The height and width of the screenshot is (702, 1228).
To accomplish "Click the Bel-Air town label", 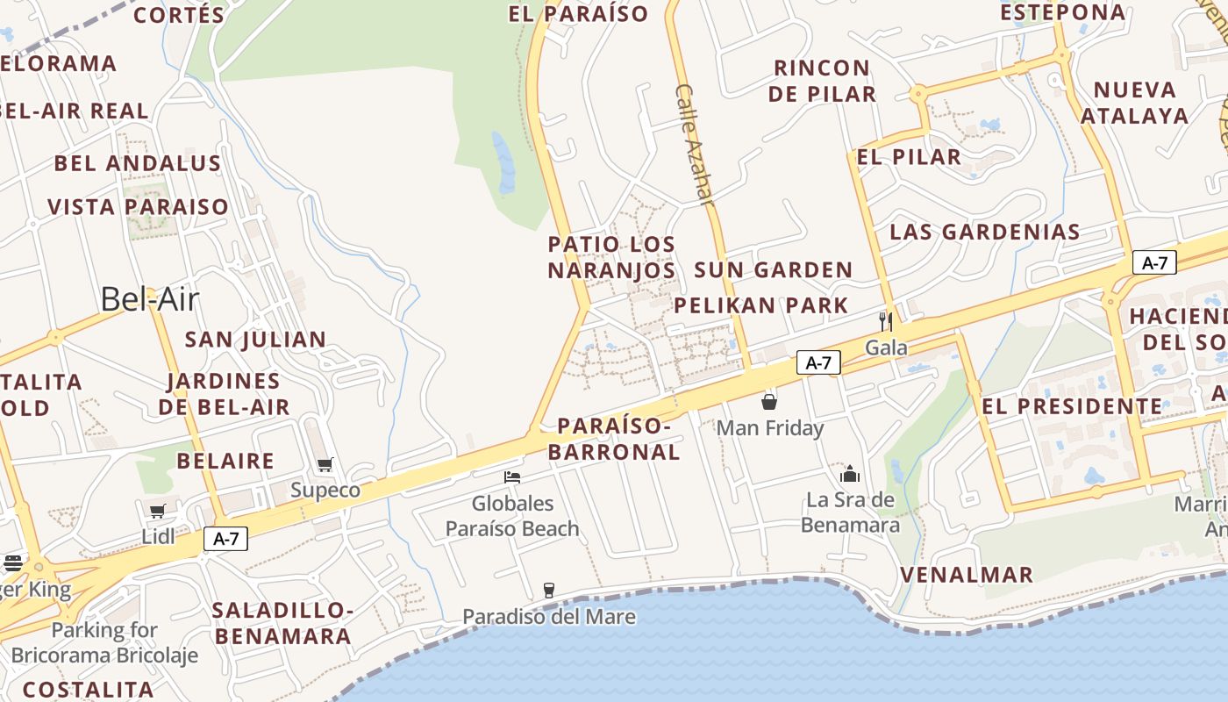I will coord(149,299).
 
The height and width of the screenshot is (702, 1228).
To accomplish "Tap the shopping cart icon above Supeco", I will coord(325,464).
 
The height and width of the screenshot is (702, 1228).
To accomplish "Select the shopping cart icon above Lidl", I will coord(158,512).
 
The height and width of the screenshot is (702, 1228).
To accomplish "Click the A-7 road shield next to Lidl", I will coord(226,539).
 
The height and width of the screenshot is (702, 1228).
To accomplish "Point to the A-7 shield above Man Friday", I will coord(818,362).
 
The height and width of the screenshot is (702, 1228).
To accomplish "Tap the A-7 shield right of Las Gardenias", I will coord(1154,262).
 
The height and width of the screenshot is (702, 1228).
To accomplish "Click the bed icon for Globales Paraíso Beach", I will coord(512,477).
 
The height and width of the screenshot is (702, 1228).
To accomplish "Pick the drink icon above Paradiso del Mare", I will coord(549,590).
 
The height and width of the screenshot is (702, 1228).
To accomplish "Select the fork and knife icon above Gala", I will coord(886,321).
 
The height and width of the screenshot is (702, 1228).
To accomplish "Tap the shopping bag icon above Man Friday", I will coord(769,402).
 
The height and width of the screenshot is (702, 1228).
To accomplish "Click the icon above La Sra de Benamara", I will coord(849,474).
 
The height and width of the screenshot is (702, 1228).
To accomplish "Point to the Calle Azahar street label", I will coord(696,145).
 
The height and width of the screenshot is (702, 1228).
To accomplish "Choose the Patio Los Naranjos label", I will coord(612,257).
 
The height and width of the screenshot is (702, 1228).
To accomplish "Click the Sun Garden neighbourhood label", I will coord(773,270).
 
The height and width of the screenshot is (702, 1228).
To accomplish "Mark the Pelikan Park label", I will coord(760,305).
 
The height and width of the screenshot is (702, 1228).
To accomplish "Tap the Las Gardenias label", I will coord(984,233).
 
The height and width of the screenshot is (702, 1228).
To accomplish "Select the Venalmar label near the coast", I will coord(967,576).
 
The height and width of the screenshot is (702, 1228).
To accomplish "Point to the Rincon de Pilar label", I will coord(822,81).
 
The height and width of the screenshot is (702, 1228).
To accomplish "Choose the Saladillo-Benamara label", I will coord(282,623).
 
